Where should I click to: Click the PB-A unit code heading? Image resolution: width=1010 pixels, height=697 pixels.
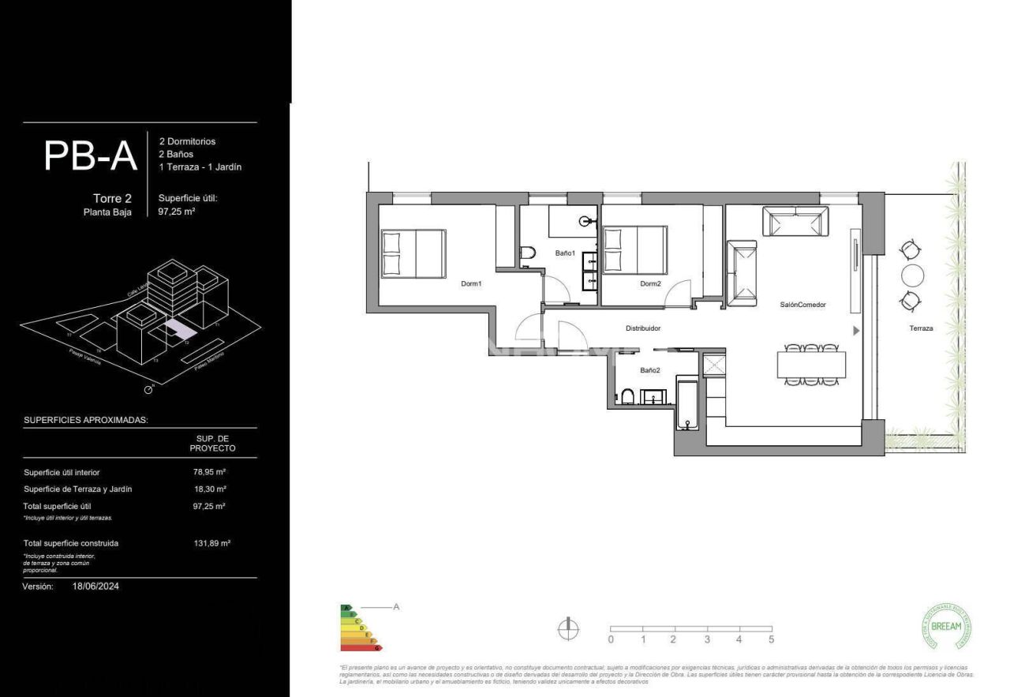[x=91, y=156]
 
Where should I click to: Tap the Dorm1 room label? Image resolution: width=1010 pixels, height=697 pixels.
[x=471, y=283]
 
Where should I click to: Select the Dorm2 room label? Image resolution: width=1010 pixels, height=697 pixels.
[x=650, y=283]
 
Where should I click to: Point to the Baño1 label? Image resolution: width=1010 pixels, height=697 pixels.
[x=565, y=253]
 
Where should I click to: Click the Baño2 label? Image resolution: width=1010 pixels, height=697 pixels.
[x=650, y=369]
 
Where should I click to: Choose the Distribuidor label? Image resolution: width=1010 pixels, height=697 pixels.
[x=642, y=328]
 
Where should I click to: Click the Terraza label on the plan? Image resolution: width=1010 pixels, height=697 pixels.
[x=921, y=328]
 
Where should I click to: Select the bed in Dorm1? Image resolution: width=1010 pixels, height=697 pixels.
[x=413, y=253]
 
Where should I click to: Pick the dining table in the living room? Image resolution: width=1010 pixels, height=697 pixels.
[x=811, y=365]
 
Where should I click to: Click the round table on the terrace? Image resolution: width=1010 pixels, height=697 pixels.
[x=911, y=275]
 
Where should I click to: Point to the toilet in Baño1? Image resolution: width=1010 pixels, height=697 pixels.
[x=528, y=253]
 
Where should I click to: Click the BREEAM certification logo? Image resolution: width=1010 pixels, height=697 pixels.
[x=946, y=627]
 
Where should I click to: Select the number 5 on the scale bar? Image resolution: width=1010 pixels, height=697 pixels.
[x=771, y=639]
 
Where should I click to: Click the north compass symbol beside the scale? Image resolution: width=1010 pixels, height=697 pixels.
[x=567, y=628]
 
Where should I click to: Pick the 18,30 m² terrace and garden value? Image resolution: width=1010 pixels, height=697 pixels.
[x=210, y=489]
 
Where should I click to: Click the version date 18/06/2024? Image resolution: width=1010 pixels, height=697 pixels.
[x=95, y=586]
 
